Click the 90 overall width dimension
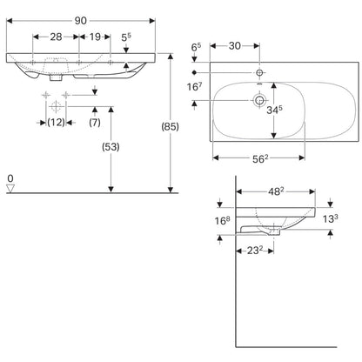pos(81,21)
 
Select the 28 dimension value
pos(56,37)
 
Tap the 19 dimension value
pos(95,37)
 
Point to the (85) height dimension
pos(170,127)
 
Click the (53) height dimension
pos(111,147)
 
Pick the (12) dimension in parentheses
pos(56,123)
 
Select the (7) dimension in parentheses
pos(95,123)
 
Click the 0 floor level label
pos(10,178)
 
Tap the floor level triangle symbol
pos(10,188)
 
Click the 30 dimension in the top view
pos(235,46)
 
